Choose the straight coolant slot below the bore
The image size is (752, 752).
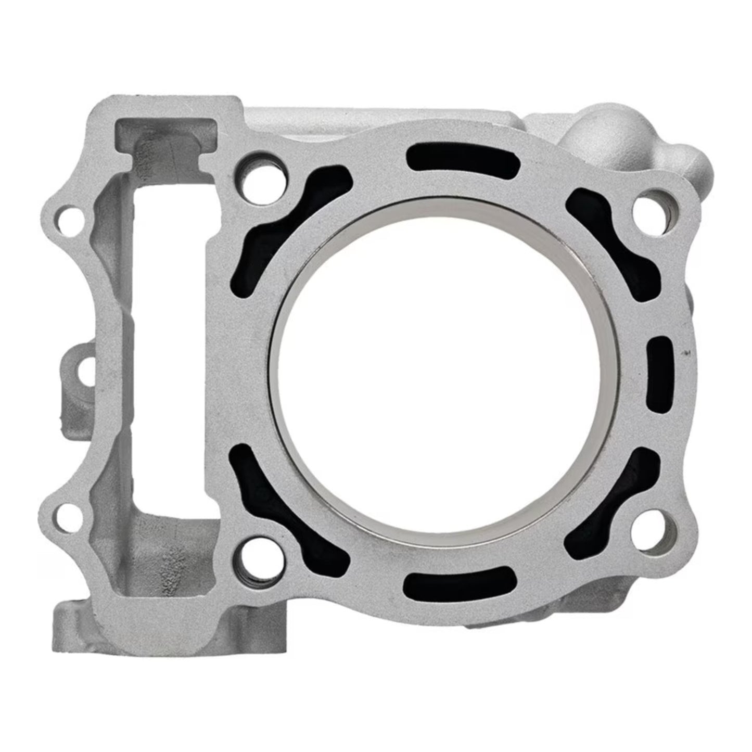click(x=460, y=581)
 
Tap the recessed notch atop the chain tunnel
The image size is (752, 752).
click(x=165, y=132)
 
